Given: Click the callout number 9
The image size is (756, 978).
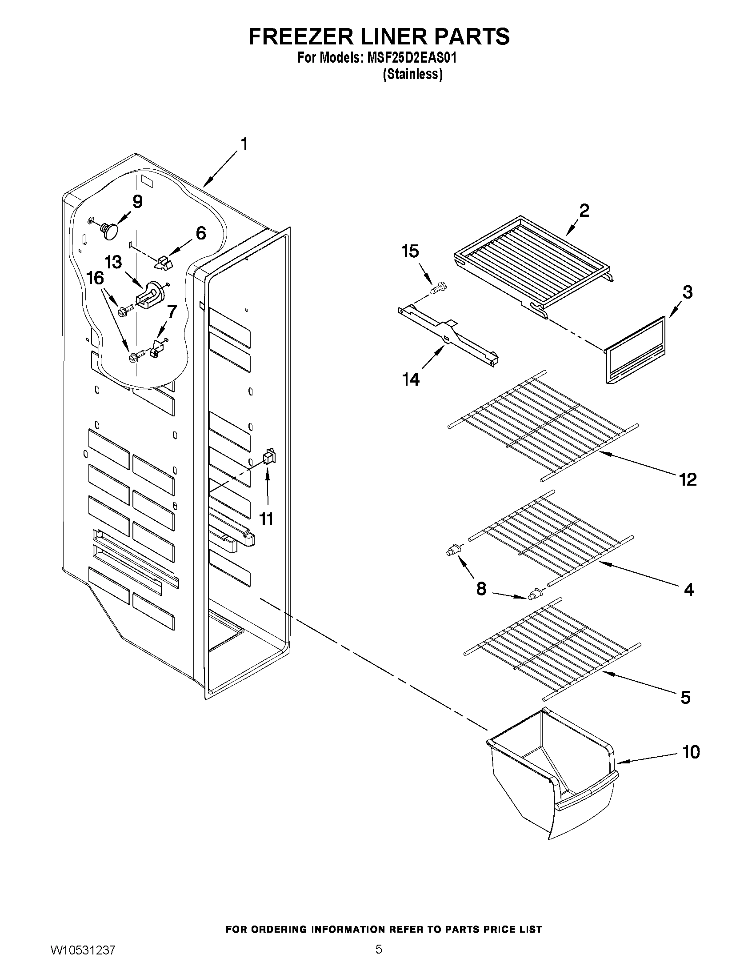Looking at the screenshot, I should [137, 202].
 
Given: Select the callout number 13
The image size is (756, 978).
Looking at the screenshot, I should [113, 262].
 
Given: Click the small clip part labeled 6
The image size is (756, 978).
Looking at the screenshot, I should [163, 263].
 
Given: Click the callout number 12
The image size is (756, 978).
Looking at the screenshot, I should [688, 479].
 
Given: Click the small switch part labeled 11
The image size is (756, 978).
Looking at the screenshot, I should [269, 456].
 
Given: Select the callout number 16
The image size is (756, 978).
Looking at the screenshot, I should [96, 278].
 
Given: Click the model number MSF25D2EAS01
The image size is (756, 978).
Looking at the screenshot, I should [408, 58].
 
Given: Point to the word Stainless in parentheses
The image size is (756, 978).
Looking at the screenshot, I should [412, 74].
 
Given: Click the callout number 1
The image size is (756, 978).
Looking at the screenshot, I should [244, 144].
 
